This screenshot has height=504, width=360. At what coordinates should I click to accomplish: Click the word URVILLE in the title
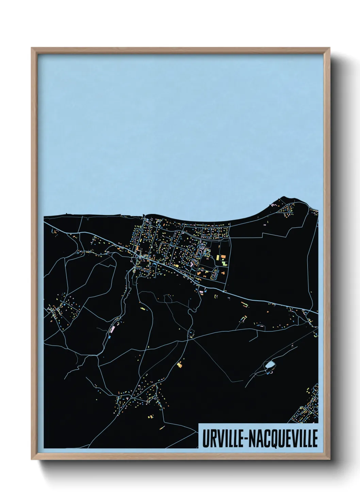(x=222, y=438)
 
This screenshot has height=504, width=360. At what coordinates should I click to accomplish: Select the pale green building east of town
(x=225, y=263)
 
